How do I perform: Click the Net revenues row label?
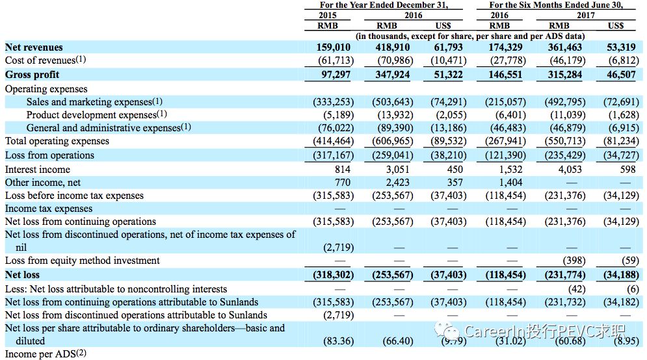(x=34, y=47)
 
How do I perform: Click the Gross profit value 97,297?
(x=336, y=75)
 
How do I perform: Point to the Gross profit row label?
(x=32, y=75)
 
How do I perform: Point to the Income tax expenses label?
(x=49, y=209)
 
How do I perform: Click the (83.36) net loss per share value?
(x=338, y=341)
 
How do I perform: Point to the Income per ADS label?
(x=45, y=354)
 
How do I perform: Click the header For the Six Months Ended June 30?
(x=556, y=5)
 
